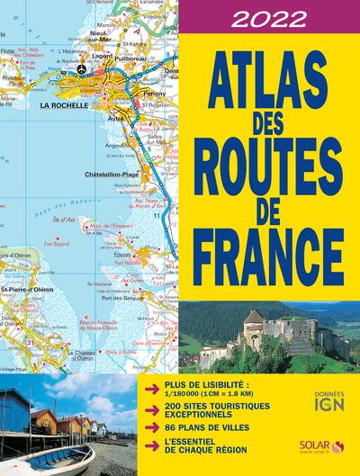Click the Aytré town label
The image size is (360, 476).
(x=116, y=118)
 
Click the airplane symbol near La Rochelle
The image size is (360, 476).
(x=82, y=68)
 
